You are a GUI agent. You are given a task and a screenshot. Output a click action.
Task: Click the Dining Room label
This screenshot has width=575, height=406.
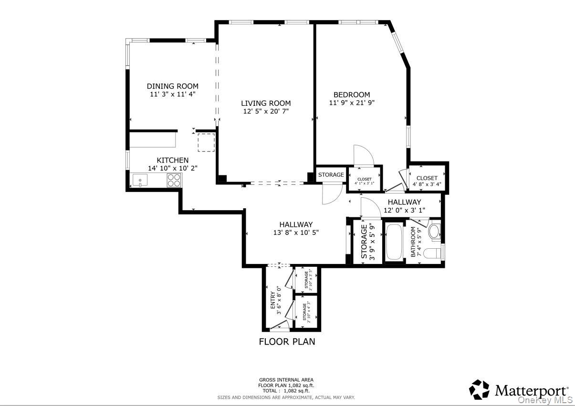click(172, 86)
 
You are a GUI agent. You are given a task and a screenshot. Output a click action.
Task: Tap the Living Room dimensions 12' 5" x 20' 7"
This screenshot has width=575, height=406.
click(265, 111)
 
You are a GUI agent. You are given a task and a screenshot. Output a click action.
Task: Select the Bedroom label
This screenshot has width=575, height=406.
click(351, 95)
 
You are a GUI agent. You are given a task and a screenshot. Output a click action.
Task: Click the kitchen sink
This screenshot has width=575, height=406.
click(140, 180)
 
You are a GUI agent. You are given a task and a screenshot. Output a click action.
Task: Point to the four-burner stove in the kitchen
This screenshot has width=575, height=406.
click(174, 180)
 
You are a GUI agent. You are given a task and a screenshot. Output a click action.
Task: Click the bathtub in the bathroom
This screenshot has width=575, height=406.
click(394, 242)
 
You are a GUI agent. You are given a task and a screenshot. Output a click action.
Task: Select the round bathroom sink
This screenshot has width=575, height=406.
click(434, 231)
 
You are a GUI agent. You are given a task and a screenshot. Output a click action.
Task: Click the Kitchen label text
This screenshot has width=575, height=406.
click(172, 160)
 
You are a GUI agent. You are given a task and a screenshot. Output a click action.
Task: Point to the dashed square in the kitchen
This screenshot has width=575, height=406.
click(206, 142)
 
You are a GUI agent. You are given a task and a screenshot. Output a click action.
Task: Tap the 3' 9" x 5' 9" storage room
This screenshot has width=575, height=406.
click(367, 242)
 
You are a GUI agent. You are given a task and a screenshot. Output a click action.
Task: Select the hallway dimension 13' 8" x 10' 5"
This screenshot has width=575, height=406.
click(296, 233)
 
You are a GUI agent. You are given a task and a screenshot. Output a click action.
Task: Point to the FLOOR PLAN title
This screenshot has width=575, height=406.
click(287, 341)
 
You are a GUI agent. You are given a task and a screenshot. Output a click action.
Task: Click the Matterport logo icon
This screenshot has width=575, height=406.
click(479, 389)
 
